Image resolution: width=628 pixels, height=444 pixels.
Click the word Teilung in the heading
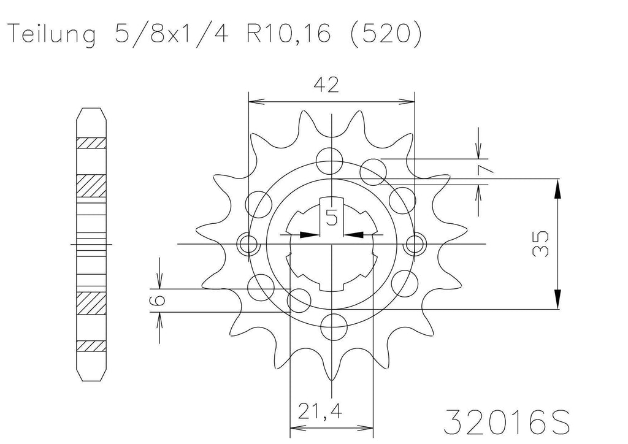(x=53, y=34)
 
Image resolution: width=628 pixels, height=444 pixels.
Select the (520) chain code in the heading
(x=386, y=33)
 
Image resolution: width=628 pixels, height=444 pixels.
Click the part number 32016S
(x=507, y=422)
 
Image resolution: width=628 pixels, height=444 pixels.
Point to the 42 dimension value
(x=326, y=85)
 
